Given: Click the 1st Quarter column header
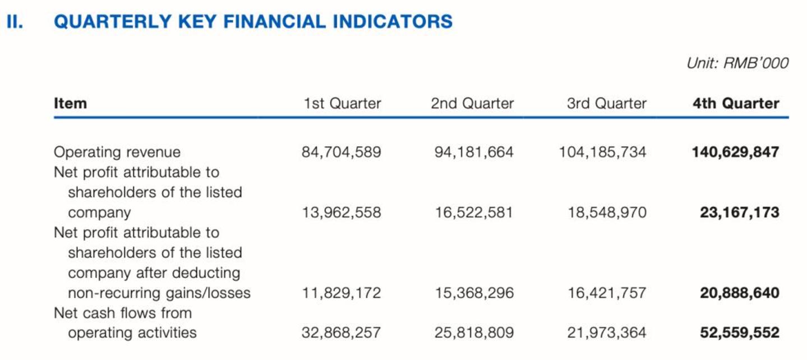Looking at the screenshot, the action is (x=342, y=103).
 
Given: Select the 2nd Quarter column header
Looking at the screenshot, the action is (x=472, y=103).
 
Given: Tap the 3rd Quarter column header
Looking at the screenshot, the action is (x=607, y=103).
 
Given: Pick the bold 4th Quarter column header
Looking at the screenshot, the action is (x=736, y=103).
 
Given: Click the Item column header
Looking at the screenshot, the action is (x=70, y=103).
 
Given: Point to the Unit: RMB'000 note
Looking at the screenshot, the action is (x=737, y=63).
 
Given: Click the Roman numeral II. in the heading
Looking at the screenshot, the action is (x=15, y=21).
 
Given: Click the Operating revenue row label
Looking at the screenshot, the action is (x=117, y=152).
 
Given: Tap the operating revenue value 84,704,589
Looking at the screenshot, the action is (x=341, y=152).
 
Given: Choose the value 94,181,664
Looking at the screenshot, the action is (x=474, y=152).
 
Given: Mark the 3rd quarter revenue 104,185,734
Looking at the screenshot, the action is (x=602, y=152).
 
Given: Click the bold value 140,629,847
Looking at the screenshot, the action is (x=736, y=152).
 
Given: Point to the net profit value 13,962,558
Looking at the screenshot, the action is (x=341, y=213).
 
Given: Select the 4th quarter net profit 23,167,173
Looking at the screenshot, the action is (x=740, y=213).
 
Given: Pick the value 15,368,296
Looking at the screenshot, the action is (x=474, y=293).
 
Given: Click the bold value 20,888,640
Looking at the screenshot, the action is (x=740, y=293).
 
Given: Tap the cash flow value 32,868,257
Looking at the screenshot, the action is (x=341, y=333).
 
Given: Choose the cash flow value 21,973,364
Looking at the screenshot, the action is (x=607, y=333).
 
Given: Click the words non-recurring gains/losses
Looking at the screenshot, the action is (x=159, y=293).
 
